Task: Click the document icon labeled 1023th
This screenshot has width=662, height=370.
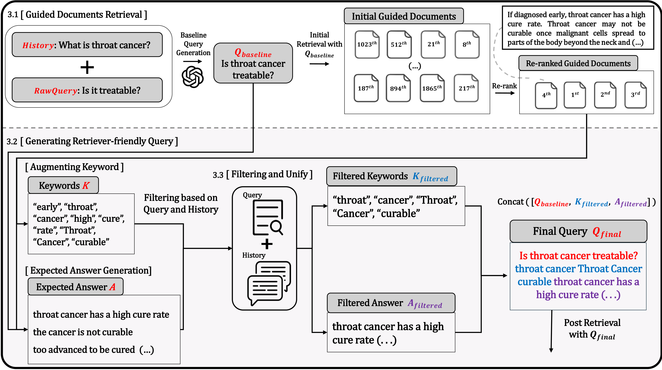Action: click(x=367, y=44)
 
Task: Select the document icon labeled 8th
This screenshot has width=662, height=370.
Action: click(x=467, y=44)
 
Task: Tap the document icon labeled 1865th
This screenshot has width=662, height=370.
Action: click(x=432, y=88)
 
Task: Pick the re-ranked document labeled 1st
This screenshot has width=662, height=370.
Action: click(x=575, y=95)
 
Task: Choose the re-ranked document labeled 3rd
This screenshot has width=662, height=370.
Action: click(x=635, y=95)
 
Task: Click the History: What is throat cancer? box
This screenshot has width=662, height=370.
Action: click(x=87, y=45)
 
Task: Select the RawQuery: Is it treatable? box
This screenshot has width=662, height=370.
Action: click(x=87, y=90)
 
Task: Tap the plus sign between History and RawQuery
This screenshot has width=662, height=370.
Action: click(x=87, y=67)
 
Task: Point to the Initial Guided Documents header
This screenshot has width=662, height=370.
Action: click(x=404, y=16)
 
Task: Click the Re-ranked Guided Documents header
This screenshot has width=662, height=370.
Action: click(x=578, y=63)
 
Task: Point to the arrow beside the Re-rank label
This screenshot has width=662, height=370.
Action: click(x=505, y=93)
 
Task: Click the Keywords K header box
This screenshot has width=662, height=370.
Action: click(x=63, y=185)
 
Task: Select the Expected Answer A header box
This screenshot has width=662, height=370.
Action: click(x=75, y=286)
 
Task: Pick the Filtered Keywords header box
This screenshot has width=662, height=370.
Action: click(x=391, y=176)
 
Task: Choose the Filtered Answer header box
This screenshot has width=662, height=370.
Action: click(x=391, y=303)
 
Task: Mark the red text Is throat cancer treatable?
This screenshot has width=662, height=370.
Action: click(x=578, y=256)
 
